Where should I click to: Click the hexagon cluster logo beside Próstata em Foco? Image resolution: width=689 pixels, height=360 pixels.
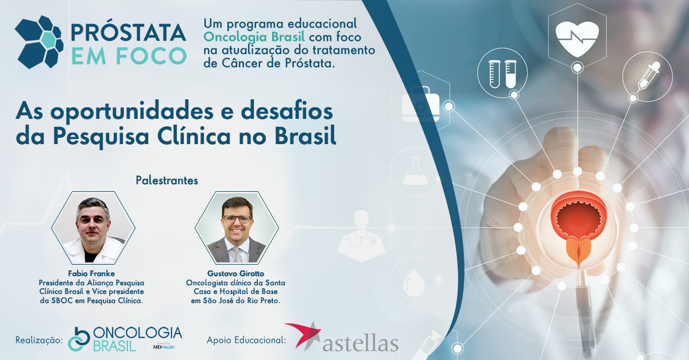coord(39,42)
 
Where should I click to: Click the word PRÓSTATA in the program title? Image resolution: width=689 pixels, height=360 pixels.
coord(128,33)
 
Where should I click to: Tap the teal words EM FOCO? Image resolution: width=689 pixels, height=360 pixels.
coord(129,56)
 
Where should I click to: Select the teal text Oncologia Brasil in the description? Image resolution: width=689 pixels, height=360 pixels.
coord(254,37)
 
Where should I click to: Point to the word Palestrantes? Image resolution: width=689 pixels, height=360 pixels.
coord(167,181)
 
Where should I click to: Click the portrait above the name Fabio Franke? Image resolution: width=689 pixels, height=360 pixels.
coord(93,228)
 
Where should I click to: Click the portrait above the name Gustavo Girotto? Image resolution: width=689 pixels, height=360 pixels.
coord(237,228)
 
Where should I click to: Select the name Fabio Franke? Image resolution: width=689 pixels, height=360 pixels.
coord(91,273)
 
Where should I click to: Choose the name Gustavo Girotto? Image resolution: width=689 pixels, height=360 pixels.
coord(235,273)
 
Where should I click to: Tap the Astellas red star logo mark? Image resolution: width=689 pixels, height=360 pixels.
coord(303,335)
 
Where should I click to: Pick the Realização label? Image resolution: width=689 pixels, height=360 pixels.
coord(39,340)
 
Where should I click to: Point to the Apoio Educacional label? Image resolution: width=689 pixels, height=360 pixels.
coord(246,340)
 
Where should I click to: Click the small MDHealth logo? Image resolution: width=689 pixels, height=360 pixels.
coord(164,346)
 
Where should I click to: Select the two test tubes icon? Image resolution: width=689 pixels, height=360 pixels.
coord(502,74)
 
